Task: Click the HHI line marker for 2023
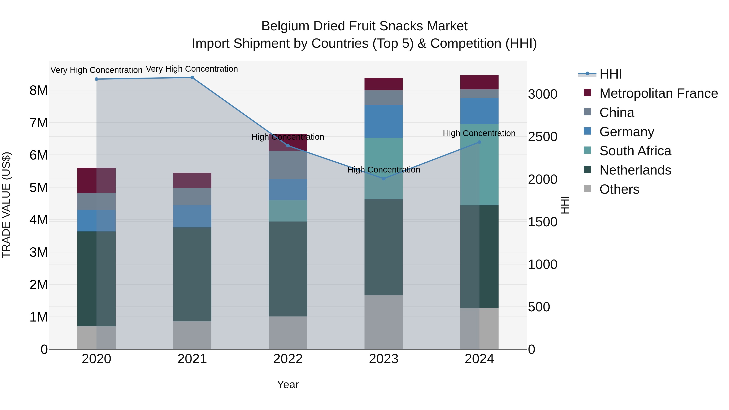pyautogui.click(x=384, y=179)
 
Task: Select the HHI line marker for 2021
pyautogui.click(x=192, y=78)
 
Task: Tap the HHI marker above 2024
pyautogui.click(x=479, y=142)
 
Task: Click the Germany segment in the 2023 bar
pyautogui.click(x=384, y=121)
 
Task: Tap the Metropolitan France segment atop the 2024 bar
pyautogui.click(x=479, y=82)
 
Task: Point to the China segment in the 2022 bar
pyautogui.click(x=288, y=165)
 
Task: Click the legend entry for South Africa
pyautogui.click(x=635, y=151)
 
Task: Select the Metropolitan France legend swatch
pyautogui.click(x=587, y=93)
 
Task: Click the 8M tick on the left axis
pyautogui.click(x=38, y=91)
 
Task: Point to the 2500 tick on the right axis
pyautogui.click(x=542, y=137)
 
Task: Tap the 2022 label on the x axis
pyautogui.click(x=288, y=359)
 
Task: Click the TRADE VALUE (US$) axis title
pyautogui.click(x=6, y=205)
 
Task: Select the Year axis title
pyautogui.click(x=288, y=384)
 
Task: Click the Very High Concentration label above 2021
pyautogui.click(x=192, y=69)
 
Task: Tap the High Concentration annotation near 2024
pyautogui.click(x=479, y=133)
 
